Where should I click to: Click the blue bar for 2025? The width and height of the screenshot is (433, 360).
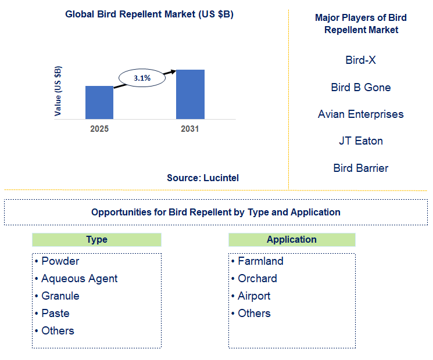99,102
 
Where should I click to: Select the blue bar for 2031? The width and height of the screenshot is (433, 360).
190,94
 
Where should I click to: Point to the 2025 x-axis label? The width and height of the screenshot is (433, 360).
99,129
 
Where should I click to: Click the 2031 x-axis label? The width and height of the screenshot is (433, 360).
190,129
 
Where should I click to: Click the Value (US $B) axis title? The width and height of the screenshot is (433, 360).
58,91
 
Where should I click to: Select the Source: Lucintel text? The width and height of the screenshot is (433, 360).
203,178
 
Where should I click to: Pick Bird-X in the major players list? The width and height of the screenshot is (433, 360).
360,60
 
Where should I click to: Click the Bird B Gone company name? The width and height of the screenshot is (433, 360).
360,87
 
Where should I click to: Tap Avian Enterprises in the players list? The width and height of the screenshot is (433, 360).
360,114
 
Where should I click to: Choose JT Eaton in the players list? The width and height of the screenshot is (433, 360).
360,141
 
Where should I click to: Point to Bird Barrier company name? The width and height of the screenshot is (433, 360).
360,168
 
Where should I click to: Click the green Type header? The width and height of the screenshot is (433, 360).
96,240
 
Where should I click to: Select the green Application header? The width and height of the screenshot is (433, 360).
292,240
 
